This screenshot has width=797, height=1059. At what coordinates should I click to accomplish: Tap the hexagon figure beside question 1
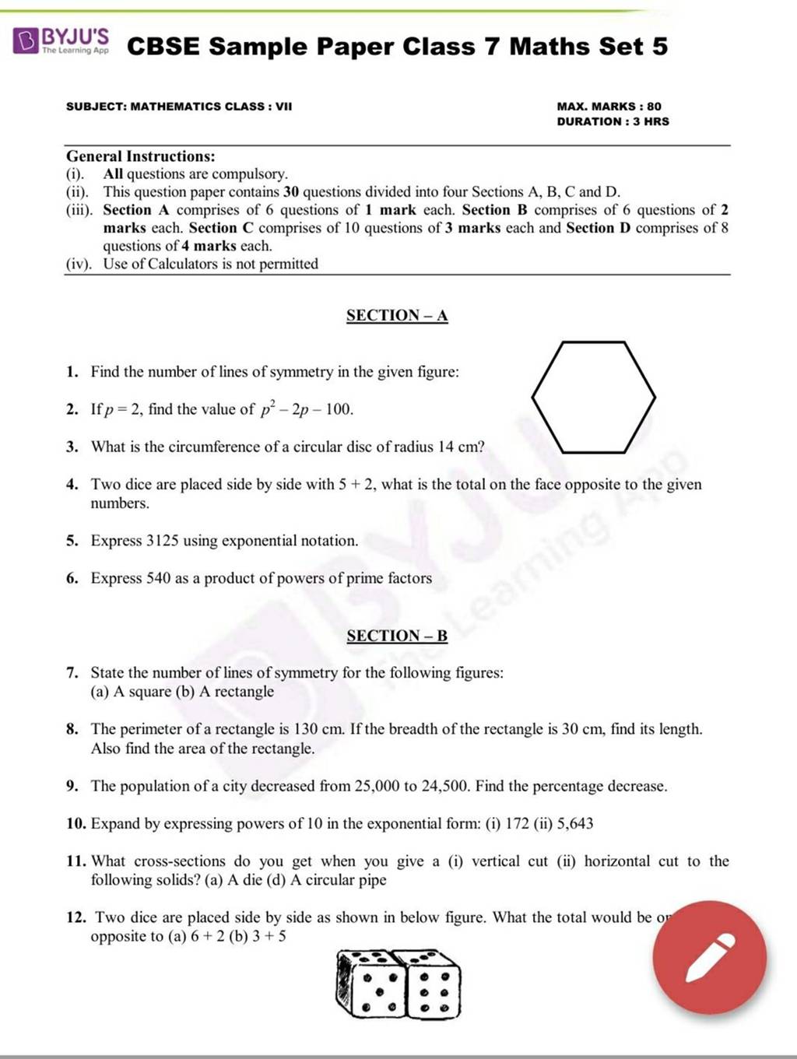[x=593, y=397]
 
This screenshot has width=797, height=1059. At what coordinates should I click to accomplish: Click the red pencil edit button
[x=709, y=957]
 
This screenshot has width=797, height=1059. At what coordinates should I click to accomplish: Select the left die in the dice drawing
[x=367, y=983]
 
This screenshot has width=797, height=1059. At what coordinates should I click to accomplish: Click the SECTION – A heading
[x=397, y=315]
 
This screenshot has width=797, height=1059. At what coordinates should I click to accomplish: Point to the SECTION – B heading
[x=397, y=636]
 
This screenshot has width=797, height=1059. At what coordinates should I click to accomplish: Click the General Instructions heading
[x=141, y=156]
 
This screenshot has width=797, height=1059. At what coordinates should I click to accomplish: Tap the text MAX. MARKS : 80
[x=609, y=106]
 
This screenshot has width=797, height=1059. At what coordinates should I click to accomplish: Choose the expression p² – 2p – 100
[x=307, y=409]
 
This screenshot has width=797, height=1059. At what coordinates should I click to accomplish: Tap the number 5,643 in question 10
[x=575, y=823]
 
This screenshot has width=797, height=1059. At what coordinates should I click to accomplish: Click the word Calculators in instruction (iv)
[x=183, y=264]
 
